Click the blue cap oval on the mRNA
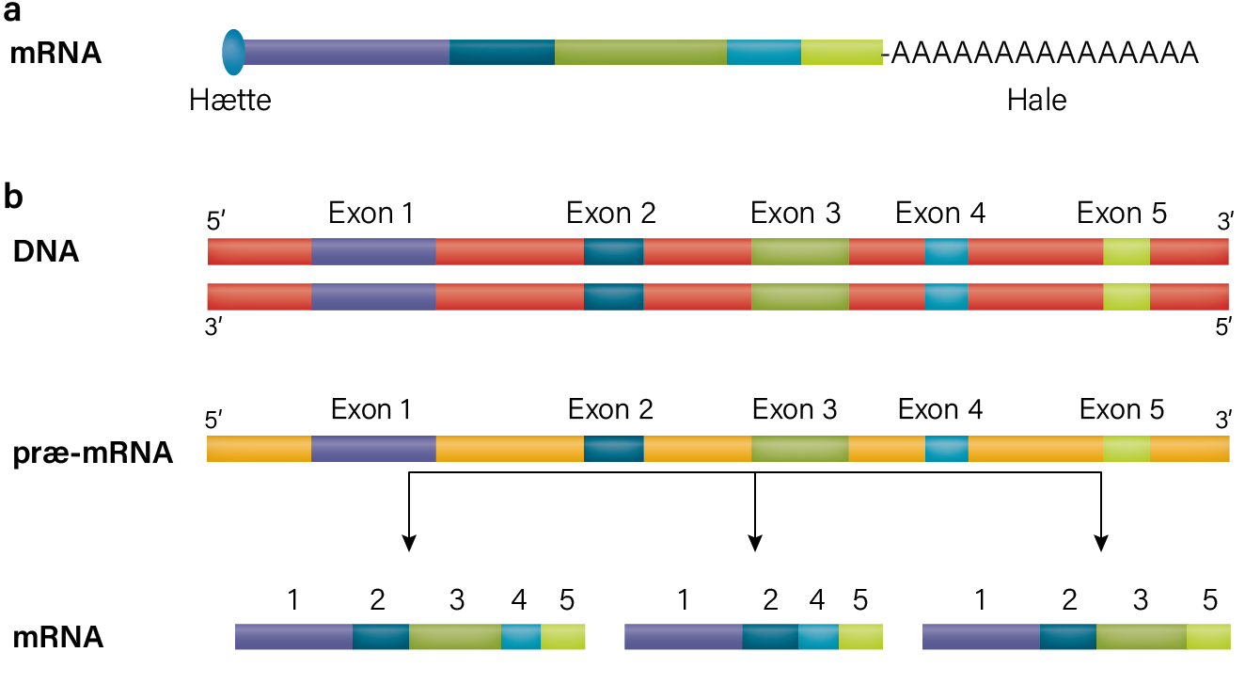coord(233,53)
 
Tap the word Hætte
coord(230,101)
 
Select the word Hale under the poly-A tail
coord(1037,101)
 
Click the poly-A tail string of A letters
coord(1045,53)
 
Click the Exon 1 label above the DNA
coord(370,213)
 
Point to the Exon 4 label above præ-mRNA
coord(940,409)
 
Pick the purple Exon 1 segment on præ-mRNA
coord(373,449)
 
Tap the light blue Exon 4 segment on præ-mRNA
coord(947,449)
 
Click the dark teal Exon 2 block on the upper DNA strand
coord(614,251)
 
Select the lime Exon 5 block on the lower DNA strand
coord(1127,296)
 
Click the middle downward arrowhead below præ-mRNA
coord(755,543)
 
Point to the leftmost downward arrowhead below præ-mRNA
coord(409,543)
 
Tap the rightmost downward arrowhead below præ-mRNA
coord(1101,543)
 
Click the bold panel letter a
coord(11,12)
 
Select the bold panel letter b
coord(13,197)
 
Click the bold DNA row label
coord(46,251)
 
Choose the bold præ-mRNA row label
coord(93,453)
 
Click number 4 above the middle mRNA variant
coord(816,600)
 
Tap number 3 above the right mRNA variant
coord(1141,600)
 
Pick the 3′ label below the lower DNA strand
coord(213,327)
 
